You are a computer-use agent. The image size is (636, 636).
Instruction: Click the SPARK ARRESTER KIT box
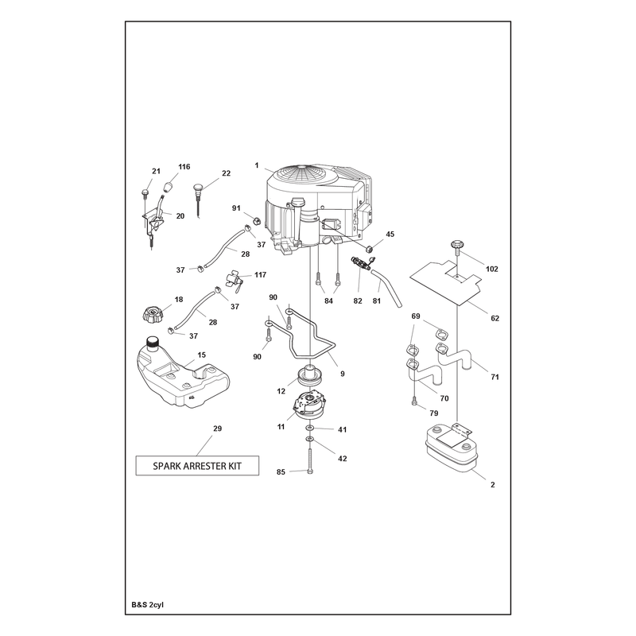[197, 466]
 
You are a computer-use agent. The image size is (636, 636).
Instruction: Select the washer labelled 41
[310, 429]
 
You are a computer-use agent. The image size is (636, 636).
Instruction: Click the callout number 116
[184, 167]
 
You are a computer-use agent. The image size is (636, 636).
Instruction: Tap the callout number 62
[494, 319]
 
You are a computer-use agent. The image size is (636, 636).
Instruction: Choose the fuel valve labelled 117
[234, 281]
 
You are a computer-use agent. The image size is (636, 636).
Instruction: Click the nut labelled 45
[369, 248]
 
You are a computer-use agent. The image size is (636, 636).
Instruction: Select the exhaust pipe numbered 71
[453, 355]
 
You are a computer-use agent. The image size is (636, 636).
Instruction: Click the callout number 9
[343, 374]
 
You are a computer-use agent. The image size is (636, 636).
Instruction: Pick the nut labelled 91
[256, 221]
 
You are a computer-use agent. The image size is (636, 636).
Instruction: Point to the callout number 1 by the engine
[257, 165]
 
